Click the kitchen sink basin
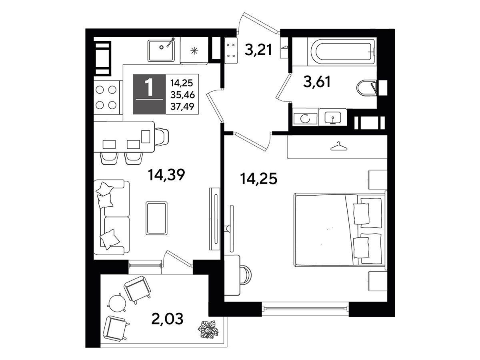(x=161, y=50)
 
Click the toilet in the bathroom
(x=367, y=88)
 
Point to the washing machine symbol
(x=305, y=119)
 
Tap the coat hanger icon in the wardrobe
(x=339, y=146)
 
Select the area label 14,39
(x=166, y=175)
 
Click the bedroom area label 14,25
(x=258, y=178)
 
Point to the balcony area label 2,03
(x=167, y=319)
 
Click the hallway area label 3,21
(x=258, y=50)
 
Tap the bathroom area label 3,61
(x=317, y=82)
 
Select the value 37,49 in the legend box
(x=182, y=106)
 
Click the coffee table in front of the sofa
(x=156, y=218)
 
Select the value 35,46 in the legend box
(x=182, y=95)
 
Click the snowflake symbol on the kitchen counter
(x=194, y=51)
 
